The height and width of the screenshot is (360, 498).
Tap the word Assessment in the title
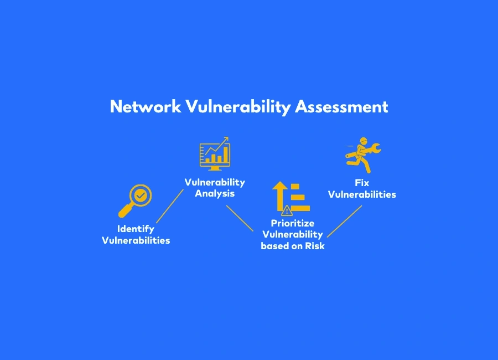(x=341, y=107)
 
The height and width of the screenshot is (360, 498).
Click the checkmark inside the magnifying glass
(x=141, y=195)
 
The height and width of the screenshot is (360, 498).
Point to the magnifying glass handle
(x=125, y=211)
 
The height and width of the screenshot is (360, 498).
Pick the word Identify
(x=136, y=229)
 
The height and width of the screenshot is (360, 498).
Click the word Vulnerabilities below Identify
(x=136, y=240)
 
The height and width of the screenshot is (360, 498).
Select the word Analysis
(x=215, y=193)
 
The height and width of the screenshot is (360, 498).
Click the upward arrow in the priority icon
(x=279, y=194)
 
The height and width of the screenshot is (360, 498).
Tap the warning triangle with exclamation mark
(x=287, y=210)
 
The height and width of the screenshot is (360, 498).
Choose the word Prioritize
(x=292, y=223)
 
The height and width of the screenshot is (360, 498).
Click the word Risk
(x=313, y=246)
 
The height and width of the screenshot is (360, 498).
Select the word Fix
(x=362, y=182)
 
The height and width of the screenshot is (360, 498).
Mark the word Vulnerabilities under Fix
(x=362, y=194)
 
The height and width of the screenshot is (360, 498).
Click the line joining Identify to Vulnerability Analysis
(x=169, y=206)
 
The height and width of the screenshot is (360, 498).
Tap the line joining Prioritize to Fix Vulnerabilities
(x=344, y=222)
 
